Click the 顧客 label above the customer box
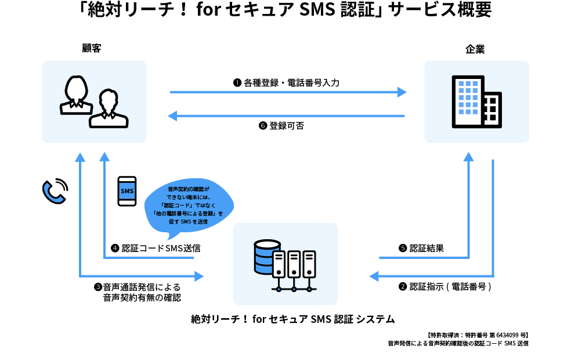92,48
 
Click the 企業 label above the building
475,49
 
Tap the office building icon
476,102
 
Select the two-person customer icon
94,102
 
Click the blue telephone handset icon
55,191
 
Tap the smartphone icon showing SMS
127,191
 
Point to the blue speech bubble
189,206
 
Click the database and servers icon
285,265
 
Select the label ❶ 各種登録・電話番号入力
286,82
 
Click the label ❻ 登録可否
281,125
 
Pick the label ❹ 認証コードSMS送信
156,248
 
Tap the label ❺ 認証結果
421,248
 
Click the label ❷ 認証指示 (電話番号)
445,287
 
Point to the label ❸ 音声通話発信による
138,287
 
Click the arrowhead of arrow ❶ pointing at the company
402,92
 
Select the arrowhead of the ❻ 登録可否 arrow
172,116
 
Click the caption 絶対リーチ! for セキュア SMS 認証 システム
293,319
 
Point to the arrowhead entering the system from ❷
374,276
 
